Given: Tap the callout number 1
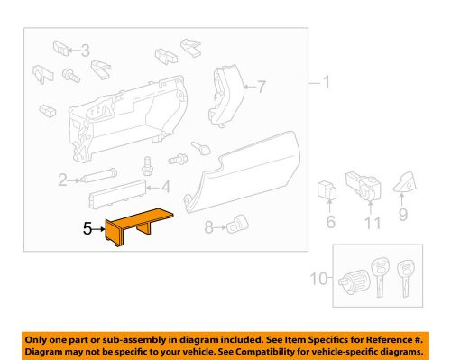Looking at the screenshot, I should point(327,85).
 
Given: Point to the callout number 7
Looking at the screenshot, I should point(262,88).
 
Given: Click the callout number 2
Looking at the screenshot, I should point(62,180).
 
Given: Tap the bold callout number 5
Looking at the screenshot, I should point(88,229).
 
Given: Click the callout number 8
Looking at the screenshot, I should point(209,229).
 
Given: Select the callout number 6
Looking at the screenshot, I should point(329,220).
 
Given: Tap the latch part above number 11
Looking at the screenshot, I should point(365,183).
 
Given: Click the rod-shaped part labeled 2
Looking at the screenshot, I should point(99,179).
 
